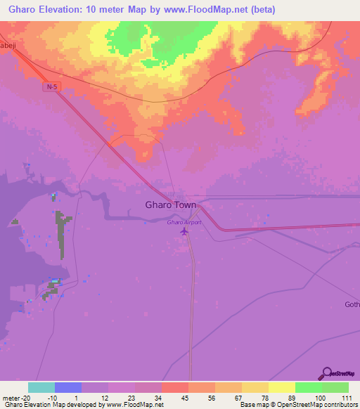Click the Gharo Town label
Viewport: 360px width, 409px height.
(171, 205)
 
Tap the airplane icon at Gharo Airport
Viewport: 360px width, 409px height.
(185, 231)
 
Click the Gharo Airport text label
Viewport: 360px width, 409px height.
(184, 222)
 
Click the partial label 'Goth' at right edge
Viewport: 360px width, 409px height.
(352, 304)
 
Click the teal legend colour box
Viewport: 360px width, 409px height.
(41, 387)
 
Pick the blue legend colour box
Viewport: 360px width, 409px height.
(68, 387)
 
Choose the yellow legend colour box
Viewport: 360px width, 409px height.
(281, 387)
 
